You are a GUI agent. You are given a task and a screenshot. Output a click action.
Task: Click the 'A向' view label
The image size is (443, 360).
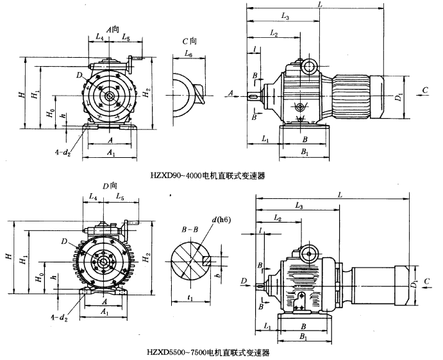[114, 30]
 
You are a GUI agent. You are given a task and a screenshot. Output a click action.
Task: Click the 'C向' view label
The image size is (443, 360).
[189, 40]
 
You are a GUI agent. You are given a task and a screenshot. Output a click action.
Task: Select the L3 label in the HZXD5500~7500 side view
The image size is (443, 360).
[299, 205]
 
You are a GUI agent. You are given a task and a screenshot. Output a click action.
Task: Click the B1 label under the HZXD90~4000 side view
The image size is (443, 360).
[305, 153]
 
